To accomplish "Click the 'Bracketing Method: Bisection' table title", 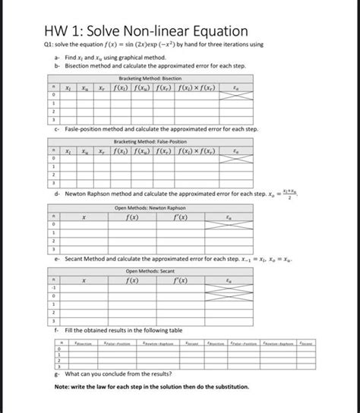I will point(156,79).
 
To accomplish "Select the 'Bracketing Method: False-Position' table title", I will point(156,142).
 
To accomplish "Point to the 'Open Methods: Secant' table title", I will point(156,271).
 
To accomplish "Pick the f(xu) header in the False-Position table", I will point(157,153).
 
